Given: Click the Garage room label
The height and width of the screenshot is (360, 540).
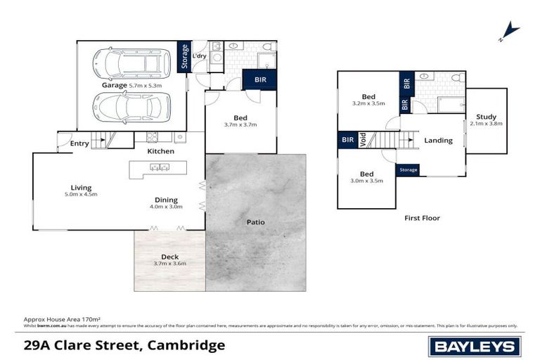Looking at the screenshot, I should [x=114, y=86].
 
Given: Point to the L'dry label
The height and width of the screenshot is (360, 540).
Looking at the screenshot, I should [x=199, y=55].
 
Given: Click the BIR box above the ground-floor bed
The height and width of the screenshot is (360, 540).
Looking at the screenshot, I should [x=259, y=80].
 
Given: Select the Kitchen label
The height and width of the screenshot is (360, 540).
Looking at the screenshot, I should [x=160, y=151].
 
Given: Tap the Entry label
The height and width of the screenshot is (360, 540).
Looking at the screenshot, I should [x=79, y=144].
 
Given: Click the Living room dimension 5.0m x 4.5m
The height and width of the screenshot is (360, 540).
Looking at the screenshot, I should [x=82, y=194].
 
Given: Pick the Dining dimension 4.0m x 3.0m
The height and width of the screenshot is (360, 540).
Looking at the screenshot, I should [x=166, y=207].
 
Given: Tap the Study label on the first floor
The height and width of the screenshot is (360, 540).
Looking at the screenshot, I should [x=485, y=117].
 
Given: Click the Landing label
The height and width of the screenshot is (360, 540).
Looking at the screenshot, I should [x=438, y=141].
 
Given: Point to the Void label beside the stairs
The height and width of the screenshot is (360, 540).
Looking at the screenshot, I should [x=363, y=141].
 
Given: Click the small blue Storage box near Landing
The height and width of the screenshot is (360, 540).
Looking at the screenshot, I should [x=408, y=170].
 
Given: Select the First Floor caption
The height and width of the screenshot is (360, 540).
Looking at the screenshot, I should [x=422, y=218].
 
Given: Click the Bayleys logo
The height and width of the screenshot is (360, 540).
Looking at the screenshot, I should [x=475, y=345].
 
